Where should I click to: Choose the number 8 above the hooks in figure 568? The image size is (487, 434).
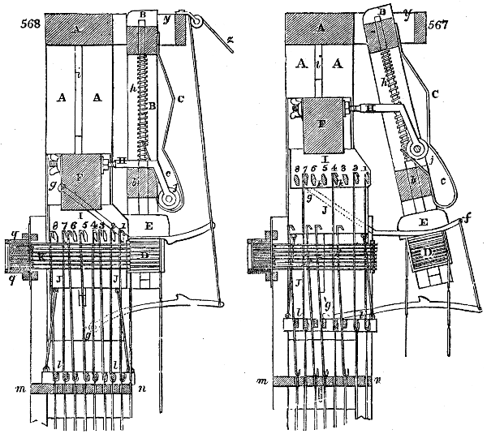(54, 225)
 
